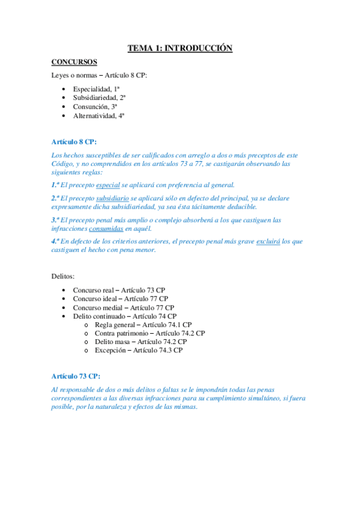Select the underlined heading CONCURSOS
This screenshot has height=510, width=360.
click(75, 61)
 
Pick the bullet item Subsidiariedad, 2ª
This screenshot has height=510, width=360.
click(99, 97)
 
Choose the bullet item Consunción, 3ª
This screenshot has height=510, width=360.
click(95, 106)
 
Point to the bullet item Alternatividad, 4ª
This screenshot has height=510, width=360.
click(99, 115)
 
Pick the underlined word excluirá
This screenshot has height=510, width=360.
click(268, 242)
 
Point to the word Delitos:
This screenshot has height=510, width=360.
click(63, 277)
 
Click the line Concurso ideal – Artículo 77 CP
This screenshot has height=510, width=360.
click(120, 298)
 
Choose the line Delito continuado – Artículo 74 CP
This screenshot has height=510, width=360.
click(124, 316)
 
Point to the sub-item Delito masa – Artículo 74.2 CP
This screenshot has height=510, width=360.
click(141, 342)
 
